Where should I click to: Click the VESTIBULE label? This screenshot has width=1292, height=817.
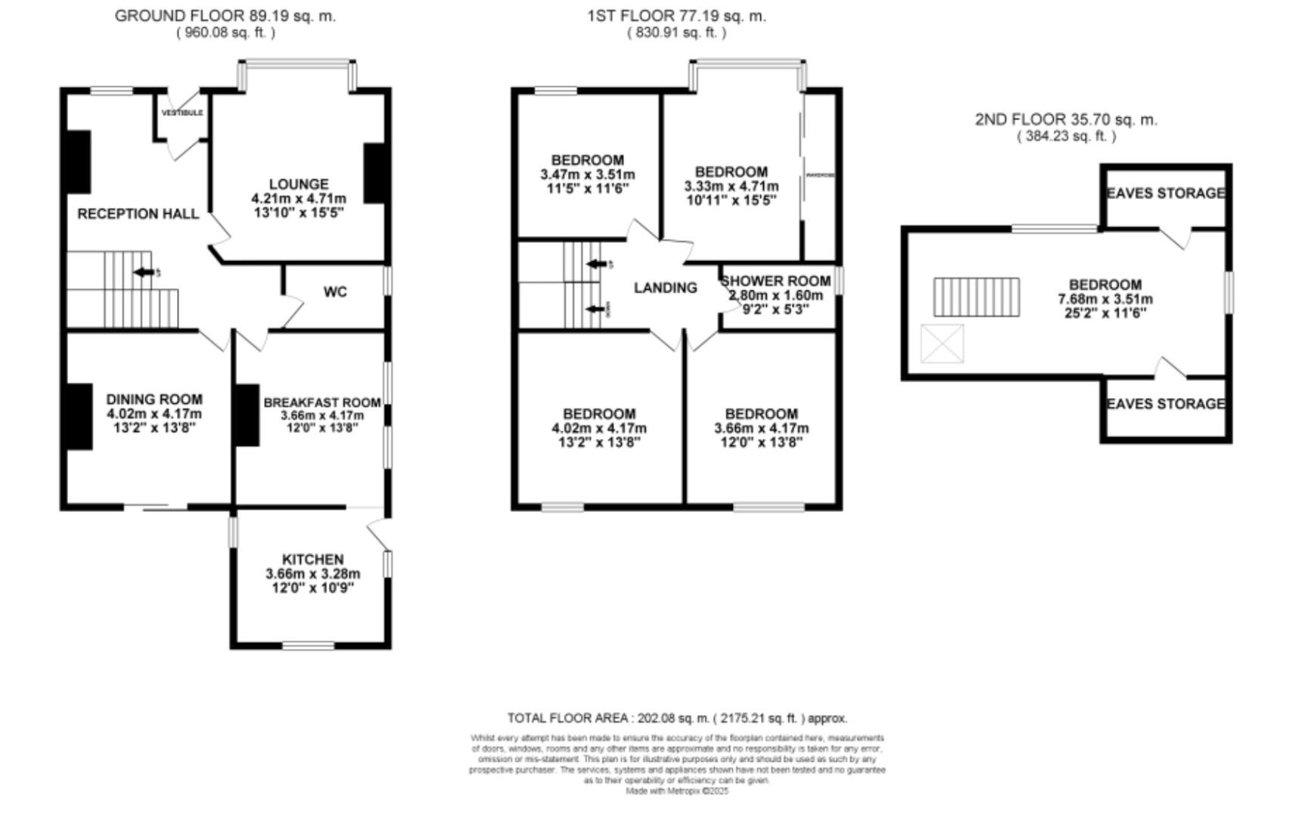point(182,113)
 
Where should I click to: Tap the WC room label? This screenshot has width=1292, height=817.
point(335,292)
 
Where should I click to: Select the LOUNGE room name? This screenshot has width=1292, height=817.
point(299,184)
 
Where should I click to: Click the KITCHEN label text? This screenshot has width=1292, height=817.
point(312,560)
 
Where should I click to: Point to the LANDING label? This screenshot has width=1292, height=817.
point(665,287)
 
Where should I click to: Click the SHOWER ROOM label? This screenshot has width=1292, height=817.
point(775,281)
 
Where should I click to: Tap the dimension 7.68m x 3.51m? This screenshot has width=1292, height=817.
point(1105,299)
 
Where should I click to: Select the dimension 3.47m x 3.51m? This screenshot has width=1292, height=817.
point(587,174)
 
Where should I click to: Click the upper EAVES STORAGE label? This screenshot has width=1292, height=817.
point(1165,194)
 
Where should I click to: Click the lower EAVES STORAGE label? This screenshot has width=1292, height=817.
point(1165,404)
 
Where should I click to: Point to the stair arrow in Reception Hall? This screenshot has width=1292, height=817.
point(143,272)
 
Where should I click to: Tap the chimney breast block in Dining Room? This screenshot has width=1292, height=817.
point(79,417)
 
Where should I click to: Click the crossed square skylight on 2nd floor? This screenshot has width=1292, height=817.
point(942,343)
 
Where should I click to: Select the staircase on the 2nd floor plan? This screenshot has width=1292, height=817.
point(976,297)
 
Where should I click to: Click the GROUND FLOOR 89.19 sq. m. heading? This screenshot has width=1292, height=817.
point(225,15)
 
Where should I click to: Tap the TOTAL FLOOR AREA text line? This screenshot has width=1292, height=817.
point(677,718)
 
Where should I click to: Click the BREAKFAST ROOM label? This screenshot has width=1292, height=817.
point(321,402)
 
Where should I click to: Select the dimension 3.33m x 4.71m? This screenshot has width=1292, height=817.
point(731,186)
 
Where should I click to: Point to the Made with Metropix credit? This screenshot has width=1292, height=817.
point(677,791)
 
